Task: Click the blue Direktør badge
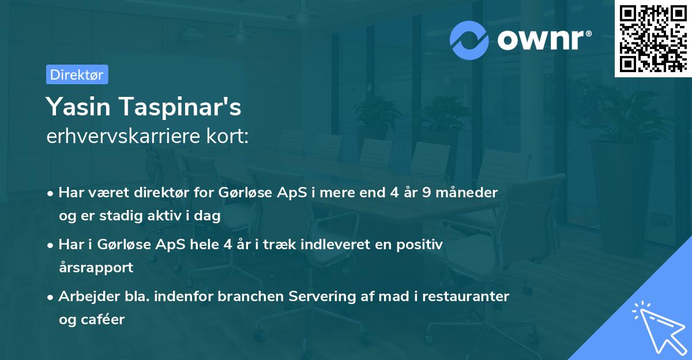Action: [x=77, y=74]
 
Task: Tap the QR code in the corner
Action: [x=652, y=38]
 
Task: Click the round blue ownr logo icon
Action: [x=469, y=40]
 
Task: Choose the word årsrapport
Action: [x=96, y=267]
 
